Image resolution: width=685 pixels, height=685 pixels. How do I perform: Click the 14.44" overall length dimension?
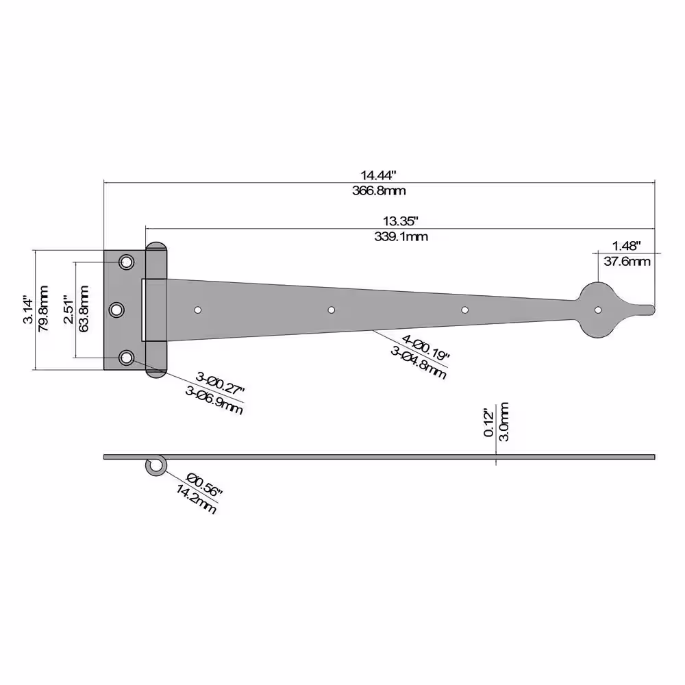[x=378, y=175]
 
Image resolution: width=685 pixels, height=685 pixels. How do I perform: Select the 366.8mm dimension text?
[x=379, y=191]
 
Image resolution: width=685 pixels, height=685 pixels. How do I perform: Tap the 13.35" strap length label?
[x=401, y=221]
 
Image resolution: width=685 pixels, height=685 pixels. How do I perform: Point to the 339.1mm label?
[x=401, y=237]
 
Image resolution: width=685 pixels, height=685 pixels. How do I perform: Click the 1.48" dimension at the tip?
[x=627, y=246]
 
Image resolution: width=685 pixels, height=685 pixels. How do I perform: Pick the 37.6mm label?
[x=627, y=261]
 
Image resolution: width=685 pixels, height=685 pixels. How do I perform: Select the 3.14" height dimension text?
[x=28, y=310]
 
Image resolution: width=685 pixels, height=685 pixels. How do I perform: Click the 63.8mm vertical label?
[x=83, y=309]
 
